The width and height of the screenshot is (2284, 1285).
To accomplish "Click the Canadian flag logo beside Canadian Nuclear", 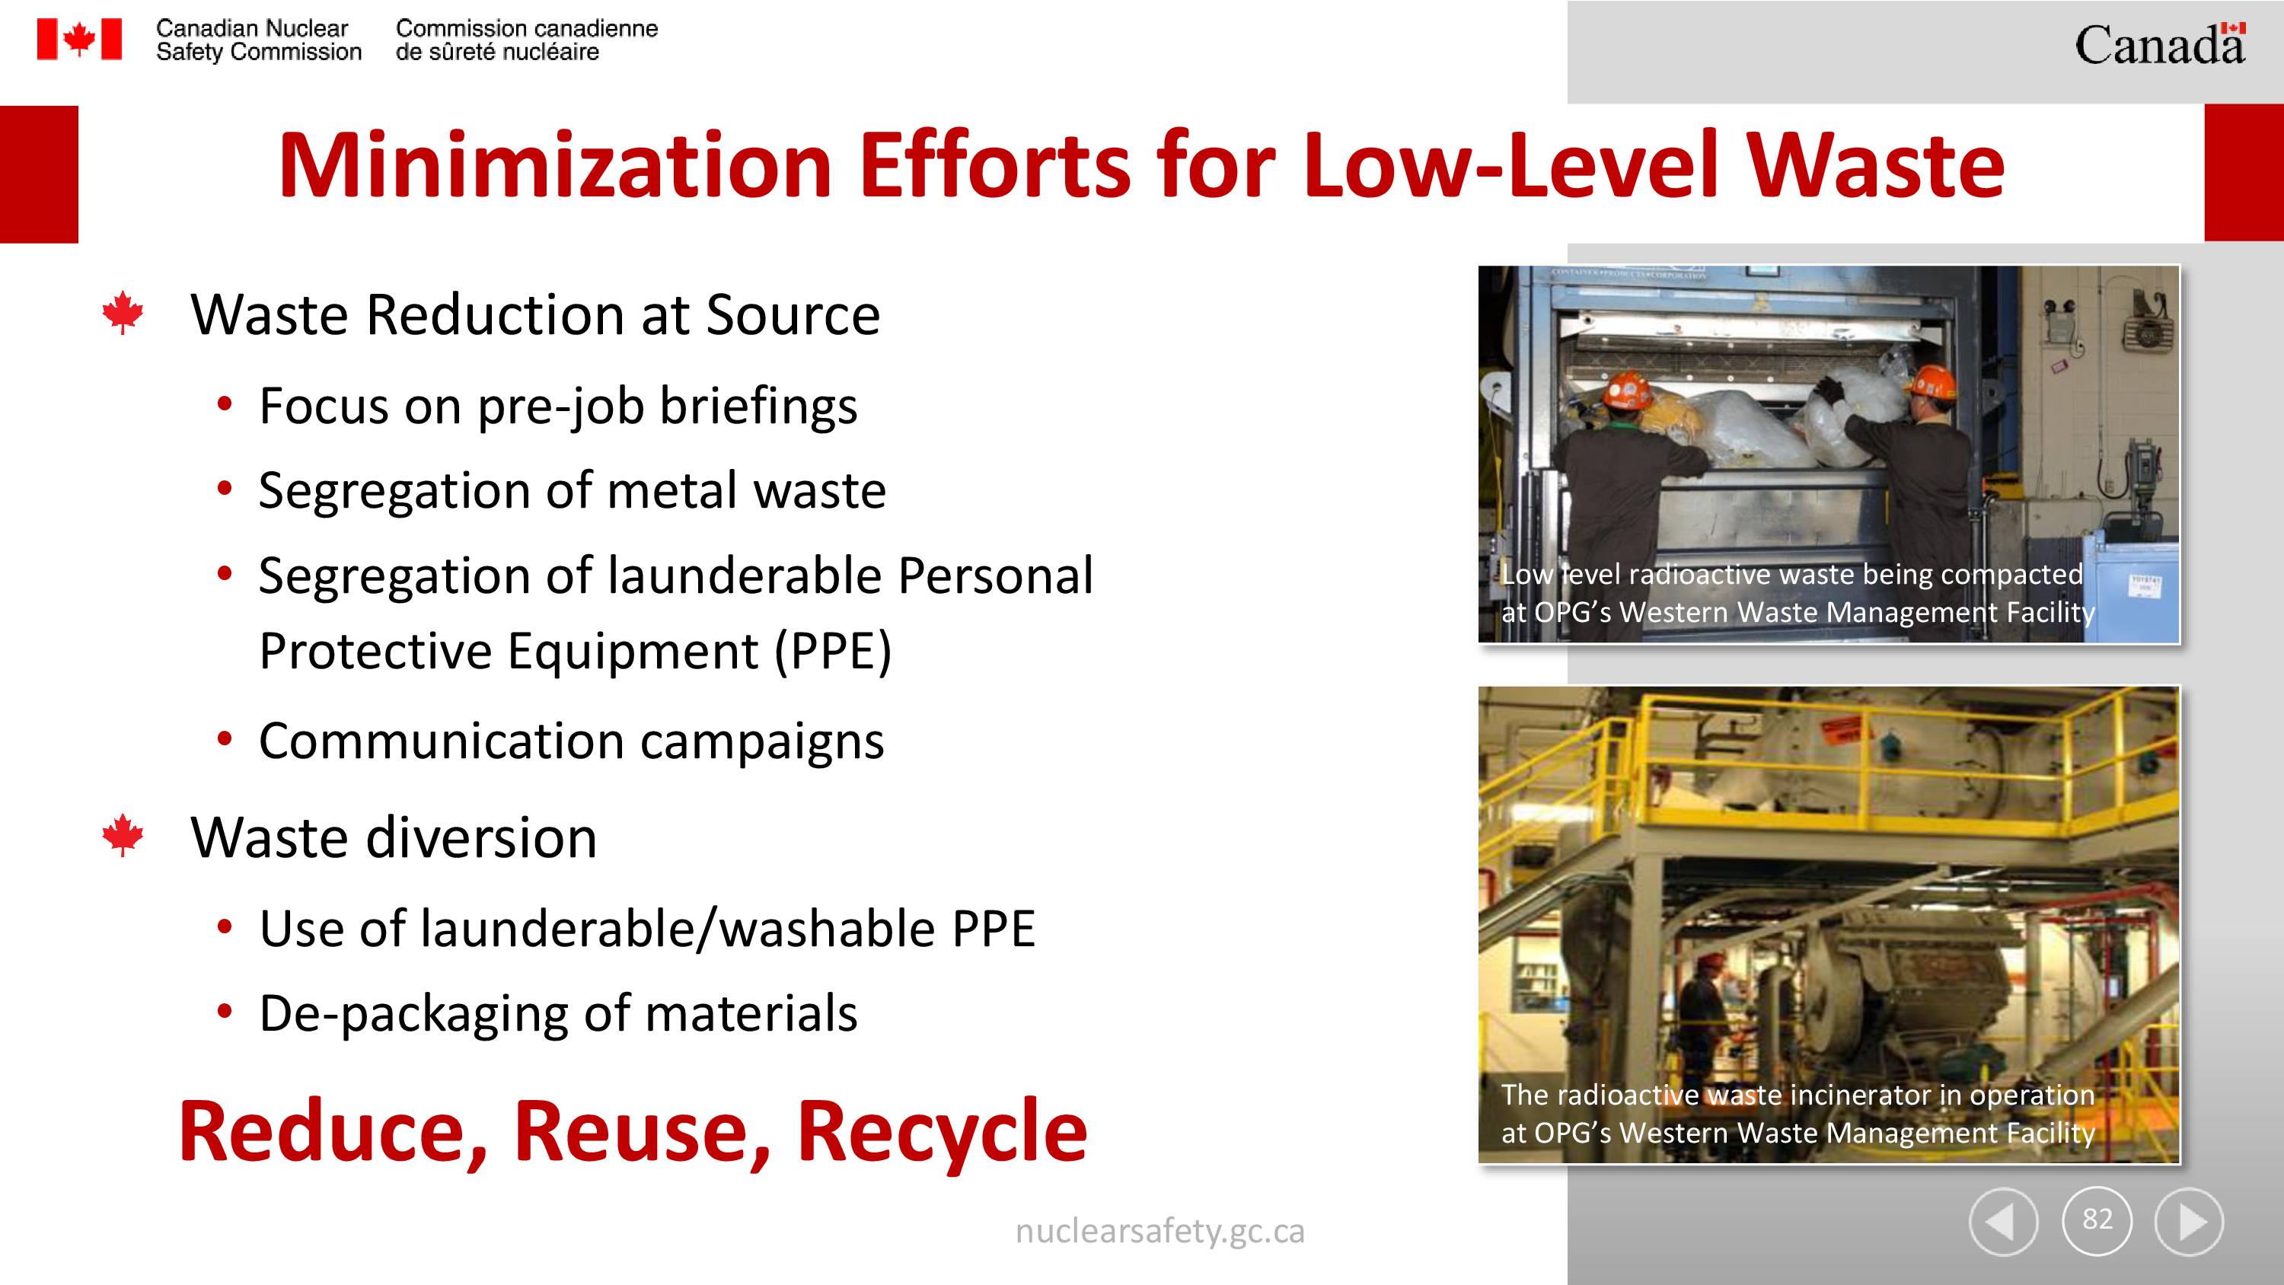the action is [x=79, y=40].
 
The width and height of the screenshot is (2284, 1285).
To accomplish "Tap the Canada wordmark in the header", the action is [x=2160, y=44].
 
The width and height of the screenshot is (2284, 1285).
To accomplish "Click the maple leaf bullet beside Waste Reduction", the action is [x=123, y=313].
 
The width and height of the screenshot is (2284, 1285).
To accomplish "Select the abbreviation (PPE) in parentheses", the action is [x=833, y=652].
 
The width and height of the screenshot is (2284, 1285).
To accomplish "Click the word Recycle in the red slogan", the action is [x=942, y=1134].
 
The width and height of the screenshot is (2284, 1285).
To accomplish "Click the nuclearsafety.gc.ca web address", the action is [x=1160, y=1232].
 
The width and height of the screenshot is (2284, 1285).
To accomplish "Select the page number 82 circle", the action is [x=2097, y=1220].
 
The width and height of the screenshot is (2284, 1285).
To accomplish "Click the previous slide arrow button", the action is [x=2004, y=1221].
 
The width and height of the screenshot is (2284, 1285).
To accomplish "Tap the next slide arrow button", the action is [x=2189, y=1221].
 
